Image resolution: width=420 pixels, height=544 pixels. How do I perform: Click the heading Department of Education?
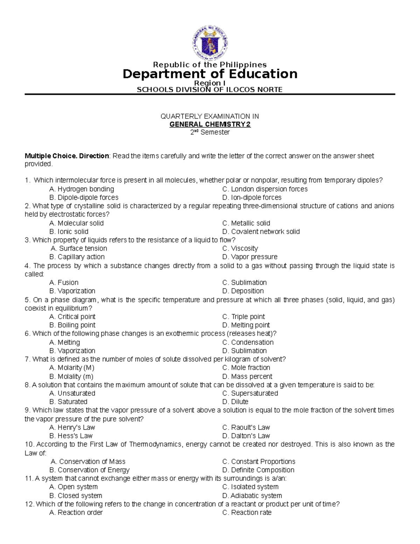(210, 74)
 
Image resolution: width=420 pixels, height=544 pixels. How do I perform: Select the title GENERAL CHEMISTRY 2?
(210, 124)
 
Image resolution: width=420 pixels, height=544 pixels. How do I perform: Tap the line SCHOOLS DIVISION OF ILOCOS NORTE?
(209, 90)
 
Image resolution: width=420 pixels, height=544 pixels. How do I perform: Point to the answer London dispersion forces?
(265, 189)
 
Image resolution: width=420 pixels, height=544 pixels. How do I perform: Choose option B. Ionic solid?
(69, 232)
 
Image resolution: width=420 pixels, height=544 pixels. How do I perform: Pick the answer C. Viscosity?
(240, 248)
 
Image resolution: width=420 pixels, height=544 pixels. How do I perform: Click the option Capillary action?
(77, 257)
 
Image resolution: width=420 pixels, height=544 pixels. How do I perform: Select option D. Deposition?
(243, 291)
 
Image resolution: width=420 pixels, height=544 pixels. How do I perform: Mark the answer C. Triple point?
(244, 317)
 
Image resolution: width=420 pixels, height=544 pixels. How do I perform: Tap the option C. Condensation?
(248, 342)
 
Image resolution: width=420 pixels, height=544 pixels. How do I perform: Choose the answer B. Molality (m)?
(71, 377)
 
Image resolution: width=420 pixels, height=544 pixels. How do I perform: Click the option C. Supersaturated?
(250, 393)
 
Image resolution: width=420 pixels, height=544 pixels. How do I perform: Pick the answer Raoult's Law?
(246, 427)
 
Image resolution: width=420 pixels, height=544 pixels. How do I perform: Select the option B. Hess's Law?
(71, 436)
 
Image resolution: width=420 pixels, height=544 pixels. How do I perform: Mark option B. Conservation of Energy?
(90, 470)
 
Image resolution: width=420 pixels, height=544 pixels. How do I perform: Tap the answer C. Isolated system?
(250, 487)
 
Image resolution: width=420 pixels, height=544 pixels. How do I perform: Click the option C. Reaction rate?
(247, 512)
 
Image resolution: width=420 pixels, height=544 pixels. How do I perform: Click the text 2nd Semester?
(210, 132)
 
